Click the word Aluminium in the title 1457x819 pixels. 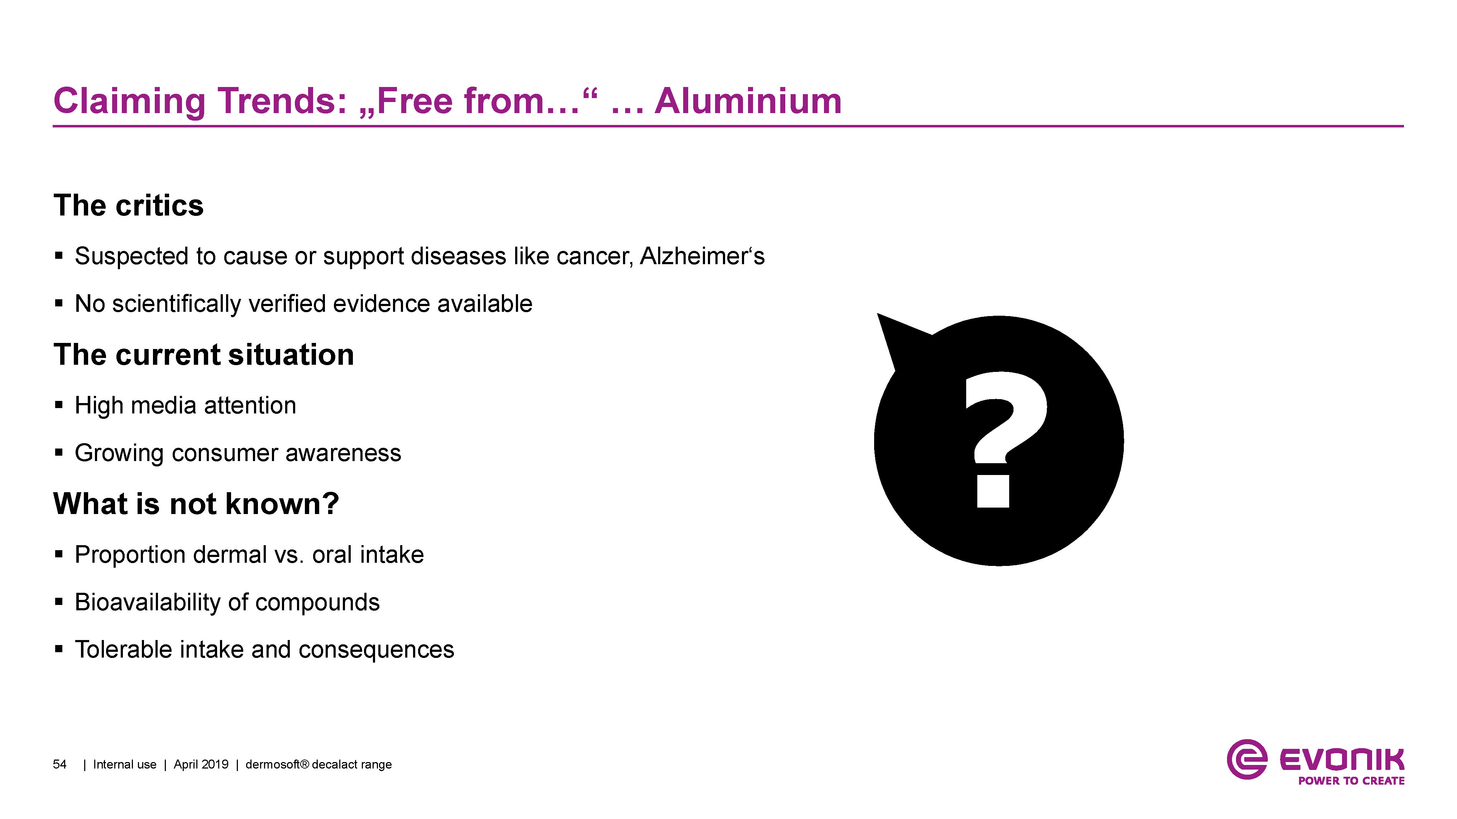tap(748, 101)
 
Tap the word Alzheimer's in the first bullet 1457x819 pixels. tap(702, 256)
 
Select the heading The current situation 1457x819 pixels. tap(203, 355)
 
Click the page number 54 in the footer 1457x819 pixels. tap(59, 765)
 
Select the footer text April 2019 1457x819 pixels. tap(201, 765)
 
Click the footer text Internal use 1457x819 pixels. tap(124, 765)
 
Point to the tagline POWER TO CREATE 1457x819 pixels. tap(1351, 781)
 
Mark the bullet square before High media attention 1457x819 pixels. tap(59, 405)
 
